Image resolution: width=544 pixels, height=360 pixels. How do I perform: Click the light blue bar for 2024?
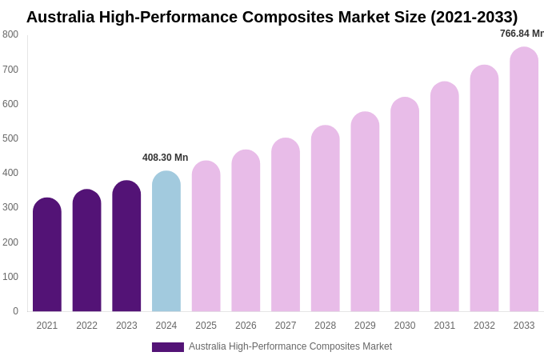coord(166,242)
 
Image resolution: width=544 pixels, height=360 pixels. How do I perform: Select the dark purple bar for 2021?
coord(47,255)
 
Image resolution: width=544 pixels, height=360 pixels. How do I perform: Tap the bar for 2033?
coord(524,179)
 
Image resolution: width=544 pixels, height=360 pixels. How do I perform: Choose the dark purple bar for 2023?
coord(126,246)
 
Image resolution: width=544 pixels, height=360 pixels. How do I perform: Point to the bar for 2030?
coord(405,205)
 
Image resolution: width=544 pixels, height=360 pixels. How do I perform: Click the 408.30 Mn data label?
coord(165,158)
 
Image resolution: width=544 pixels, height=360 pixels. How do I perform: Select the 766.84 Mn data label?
coord(522,34)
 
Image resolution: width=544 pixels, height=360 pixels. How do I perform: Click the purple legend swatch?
coord(168,347)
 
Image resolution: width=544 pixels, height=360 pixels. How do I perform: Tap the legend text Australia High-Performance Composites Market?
coord(290,346)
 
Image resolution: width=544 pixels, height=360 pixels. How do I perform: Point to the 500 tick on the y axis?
coord(10,138)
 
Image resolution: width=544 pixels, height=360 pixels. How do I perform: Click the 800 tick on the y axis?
coord(10,34)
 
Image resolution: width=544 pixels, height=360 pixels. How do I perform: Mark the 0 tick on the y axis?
coord(15,311)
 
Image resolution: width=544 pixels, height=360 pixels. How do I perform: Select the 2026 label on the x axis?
coord(246,326)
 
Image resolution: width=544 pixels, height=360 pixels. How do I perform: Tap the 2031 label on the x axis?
coord(445,326)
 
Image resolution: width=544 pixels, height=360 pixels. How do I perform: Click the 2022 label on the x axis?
coord(86,326)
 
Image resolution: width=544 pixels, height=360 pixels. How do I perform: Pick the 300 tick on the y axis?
coord(10,207)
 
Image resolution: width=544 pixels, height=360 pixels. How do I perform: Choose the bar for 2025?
coord(206,237)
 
